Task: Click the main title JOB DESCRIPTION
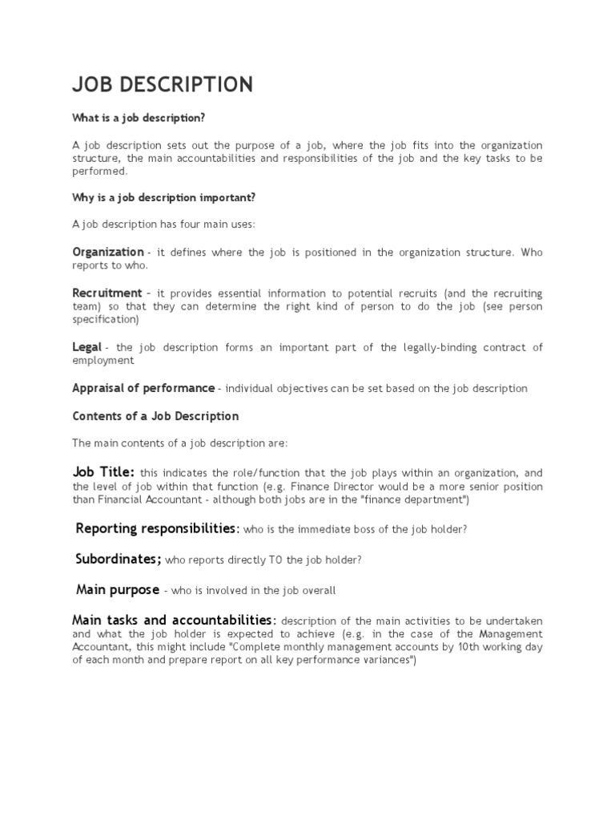point(163,84)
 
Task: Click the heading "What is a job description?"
point(139,118)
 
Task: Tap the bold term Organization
point(108,252)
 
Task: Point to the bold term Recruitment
point(107,293)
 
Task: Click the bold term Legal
point(86,346)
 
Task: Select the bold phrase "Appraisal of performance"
point(143,388)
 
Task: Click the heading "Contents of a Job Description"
point(155,416)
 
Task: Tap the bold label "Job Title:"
point(103,472)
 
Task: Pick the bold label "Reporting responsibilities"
point(157,528)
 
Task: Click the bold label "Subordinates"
point(119,559)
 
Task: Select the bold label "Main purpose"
point(118,590)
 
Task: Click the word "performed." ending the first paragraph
point(99,171)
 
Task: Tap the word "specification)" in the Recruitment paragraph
point(106,319)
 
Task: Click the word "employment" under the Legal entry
point(102,361)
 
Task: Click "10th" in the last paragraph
point(472,648)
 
